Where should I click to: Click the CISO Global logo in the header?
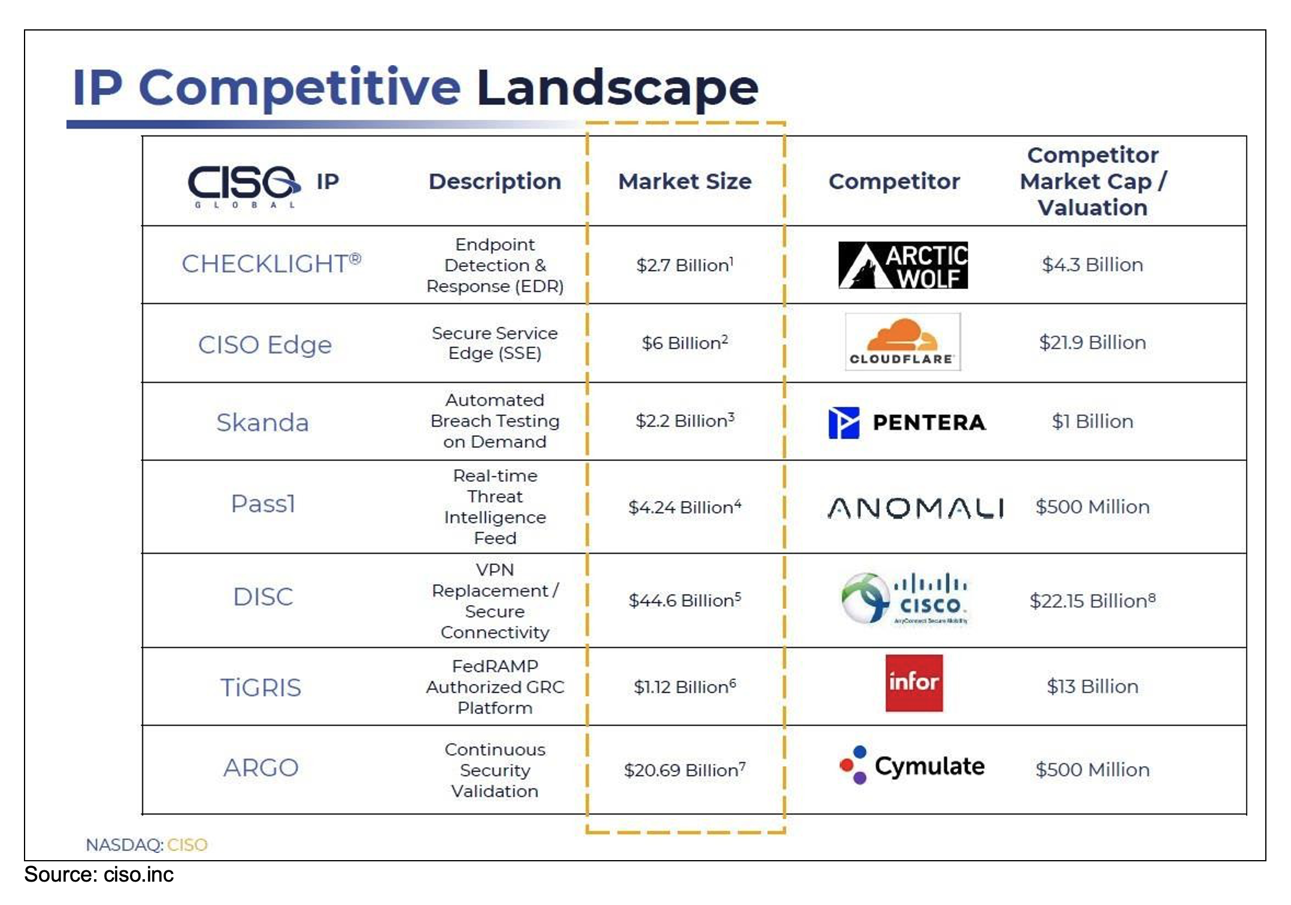pos(244,186)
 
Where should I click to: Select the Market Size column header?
pos(684,181)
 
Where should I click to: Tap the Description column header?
pos(495,181)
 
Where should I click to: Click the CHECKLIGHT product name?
pos(271,263)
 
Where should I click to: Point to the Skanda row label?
pos(262,422)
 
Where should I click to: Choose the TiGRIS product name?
pos(260,687)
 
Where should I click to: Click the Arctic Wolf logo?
pos(903,265)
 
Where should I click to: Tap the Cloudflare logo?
pos(903,342)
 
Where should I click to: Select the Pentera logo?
pos(907,423)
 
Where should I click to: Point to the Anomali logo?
pos(916,508)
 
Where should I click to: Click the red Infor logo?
pos(914,683)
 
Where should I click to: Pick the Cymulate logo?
pos(912,766)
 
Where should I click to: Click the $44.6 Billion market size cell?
pos(684,600)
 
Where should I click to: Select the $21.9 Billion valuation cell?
pos(1092,342)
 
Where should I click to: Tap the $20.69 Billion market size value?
pos(684,770)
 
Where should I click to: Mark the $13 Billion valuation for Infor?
pos(1092,686)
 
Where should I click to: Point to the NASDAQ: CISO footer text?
pos(147,845)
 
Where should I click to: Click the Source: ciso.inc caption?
pos(99,875)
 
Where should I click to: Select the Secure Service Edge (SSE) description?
pos(495,343)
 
